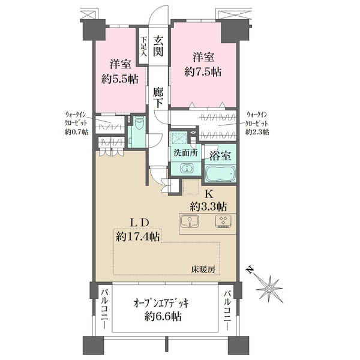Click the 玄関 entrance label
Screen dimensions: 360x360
[158, 46]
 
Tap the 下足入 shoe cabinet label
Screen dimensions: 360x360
[144, 47]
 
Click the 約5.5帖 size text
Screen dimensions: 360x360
[120, 79]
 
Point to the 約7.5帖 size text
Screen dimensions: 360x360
[203, 72]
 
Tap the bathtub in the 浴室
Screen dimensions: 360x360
[220, 173]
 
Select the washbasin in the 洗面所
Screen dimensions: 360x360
[187, 169]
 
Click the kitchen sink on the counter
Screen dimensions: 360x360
[190, 221]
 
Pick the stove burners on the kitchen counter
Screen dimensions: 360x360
[224, 221]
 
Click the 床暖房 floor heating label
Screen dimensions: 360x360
[203, 269]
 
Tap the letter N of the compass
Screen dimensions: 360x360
[250, 270]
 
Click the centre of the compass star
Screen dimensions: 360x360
[269, 289]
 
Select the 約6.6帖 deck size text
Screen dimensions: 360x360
[163, 317]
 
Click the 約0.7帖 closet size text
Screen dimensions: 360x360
[76, 132]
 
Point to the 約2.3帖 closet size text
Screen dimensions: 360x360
[257, 132]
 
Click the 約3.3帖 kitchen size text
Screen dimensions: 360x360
[208, 206]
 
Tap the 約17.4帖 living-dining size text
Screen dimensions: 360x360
[138, 236]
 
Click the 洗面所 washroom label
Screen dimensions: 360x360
[186, 153]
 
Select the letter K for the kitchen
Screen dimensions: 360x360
[209, 194]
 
